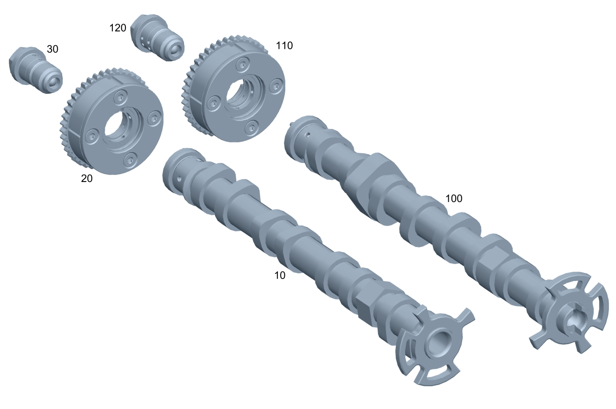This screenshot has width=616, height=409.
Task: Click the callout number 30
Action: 52,49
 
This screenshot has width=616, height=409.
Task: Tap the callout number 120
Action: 118,28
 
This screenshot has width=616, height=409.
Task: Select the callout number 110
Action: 284,45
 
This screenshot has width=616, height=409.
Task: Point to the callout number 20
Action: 86,179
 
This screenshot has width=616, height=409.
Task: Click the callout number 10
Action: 280,275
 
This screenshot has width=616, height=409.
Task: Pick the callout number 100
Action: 454,198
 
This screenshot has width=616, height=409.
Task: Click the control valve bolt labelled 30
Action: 36,70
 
